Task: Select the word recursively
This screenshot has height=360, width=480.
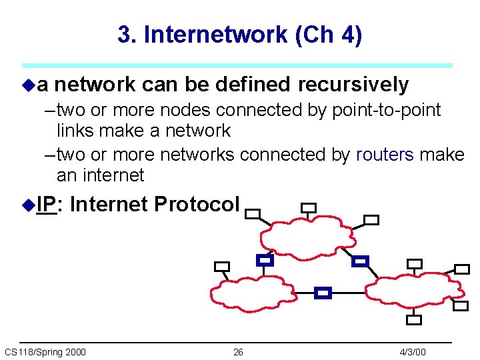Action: (353, 85)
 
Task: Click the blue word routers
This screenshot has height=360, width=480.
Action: (385, 155)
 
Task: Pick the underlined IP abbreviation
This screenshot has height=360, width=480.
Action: (47, 204)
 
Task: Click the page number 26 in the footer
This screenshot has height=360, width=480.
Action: (238, 352)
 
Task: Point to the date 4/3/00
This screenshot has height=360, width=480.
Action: (413, 352)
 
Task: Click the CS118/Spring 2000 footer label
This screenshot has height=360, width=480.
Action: (45, 352)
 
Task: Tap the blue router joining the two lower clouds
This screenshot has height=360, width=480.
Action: (323, 293)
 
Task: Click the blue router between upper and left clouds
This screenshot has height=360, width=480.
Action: (265, 260)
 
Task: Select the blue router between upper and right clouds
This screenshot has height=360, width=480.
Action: (360, 261)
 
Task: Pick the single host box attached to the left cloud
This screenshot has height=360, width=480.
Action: (221, 267)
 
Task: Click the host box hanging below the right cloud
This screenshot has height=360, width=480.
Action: (414, 319)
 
